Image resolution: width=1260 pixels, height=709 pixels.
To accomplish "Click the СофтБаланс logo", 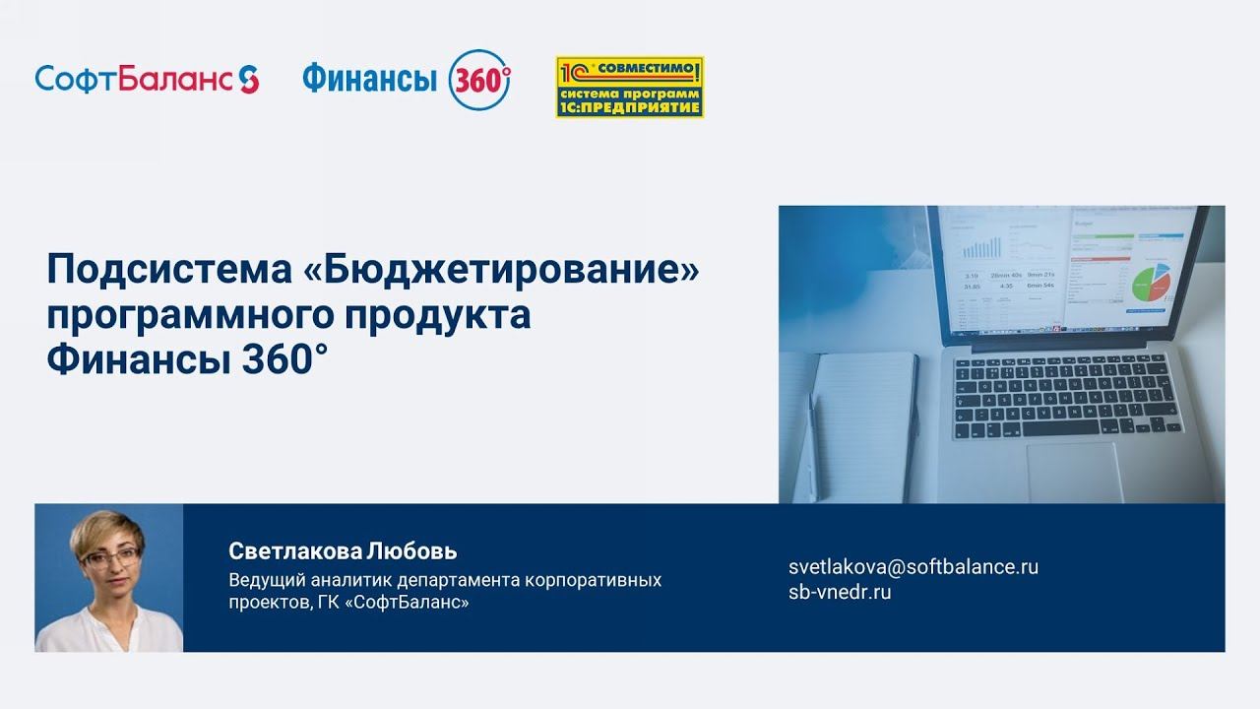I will [x=147, y=79].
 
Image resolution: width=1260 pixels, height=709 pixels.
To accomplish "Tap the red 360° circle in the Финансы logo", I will [x=479, y=79].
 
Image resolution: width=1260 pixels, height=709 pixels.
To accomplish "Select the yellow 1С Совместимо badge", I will [x=629, y=87].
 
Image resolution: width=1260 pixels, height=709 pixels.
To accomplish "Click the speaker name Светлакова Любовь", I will [x=343, y=550].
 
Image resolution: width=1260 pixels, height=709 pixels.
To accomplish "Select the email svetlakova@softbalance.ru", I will [x=913, y=567].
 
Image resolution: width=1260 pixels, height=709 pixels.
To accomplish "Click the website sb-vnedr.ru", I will [x=840, y=593].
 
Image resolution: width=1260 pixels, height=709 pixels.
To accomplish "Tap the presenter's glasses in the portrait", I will [x=109, y=557].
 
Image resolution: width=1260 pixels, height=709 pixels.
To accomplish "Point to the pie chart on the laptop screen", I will [x=1148, y=283].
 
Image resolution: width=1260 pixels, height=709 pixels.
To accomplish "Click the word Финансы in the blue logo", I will [x=369, y=79].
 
